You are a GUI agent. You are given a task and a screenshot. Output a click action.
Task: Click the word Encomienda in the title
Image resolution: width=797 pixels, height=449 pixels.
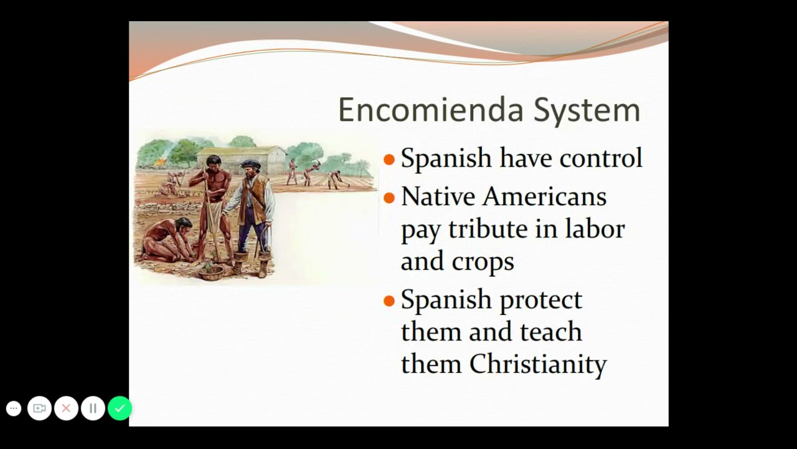point(431,109)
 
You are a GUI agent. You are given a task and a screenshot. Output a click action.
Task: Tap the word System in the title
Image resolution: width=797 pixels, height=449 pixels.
point(587,110)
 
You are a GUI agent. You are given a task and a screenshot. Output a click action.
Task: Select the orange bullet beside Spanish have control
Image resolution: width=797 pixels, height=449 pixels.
point(389,159)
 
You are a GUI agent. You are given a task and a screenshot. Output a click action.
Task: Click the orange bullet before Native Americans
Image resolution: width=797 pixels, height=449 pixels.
point(389,198)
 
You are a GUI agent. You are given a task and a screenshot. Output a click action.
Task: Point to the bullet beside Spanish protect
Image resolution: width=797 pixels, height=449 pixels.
point(389,301)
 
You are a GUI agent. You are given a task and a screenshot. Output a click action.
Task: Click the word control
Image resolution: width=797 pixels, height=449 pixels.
point(601,158)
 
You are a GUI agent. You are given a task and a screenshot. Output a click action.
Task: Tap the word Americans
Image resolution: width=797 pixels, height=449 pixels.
point(544,196)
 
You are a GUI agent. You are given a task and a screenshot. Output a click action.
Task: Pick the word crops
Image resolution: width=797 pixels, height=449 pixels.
point(483,263)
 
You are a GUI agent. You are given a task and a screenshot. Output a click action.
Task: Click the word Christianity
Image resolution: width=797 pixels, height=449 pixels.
point(538,364)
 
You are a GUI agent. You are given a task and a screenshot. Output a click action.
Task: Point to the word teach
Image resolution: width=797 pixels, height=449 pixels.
point(551,331)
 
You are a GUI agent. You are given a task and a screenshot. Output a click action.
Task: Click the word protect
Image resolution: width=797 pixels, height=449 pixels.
point(541,301)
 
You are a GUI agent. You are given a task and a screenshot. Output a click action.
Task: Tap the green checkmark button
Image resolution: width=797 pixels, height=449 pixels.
point(120,408)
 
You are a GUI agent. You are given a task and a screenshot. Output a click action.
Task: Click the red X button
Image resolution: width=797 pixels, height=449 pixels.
point(66,408)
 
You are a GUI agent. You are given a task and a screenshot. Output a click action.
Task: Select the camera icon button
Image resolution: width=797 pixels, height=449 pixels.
point(39,408)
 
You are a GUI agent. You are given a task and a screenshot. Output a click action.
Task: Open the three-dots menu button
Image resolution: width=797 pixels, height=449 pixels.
point(14,408)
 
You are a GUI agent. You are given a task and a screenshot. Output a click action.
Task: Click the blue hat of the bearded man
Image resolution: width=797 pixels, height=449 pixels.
point(251,163)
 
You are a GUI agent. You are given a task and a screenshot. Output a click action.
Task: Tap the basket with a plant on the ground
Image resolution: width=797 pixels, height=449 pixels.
point(211,271)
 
